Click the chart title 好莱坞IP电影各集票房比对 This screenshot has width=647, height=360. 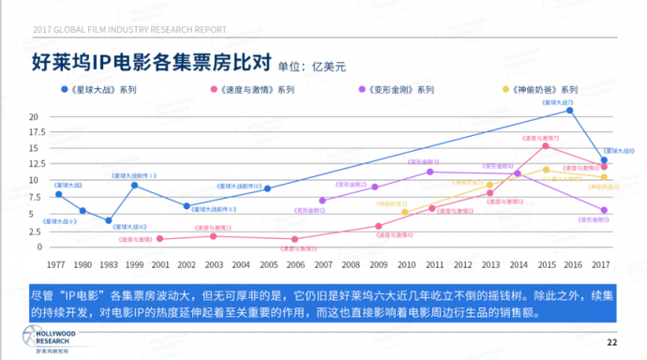click(x=152, y=64)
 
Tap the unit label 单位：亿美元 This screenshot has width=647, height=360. click(x=312, y=67)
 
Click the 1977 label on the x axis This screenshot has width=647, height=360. click(x=56, y=263)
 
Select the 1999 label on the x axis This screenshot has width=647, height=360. click(x=135, y=263)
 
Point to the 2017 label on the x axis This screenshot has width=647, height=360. click(x=603, y=263)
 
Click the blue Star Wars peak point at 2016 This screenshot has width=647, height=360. click(x=569, y=111)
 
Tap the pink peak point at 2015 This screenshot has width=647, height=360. click(x=546, y=145)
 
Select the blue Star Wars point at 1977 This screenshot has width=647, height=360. click(x=58, y=194)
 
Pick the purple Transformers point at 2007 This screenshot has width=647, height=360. click(x=323, y=201)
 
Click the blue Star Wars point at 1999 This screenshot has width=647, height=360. click(x=135, y=186)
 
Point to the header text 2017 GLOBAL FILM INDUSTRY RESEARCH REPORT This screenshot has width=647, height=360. click(x=129, y=29)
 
